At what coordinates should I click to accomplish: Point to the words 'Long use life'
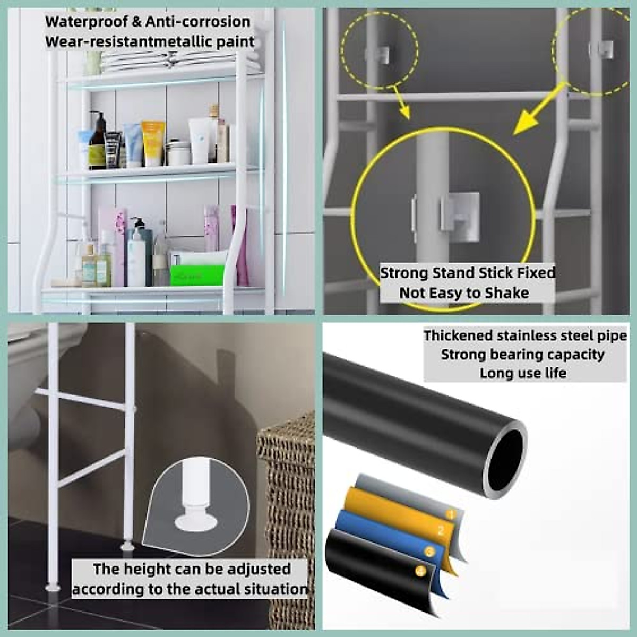tap(523, 373)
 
